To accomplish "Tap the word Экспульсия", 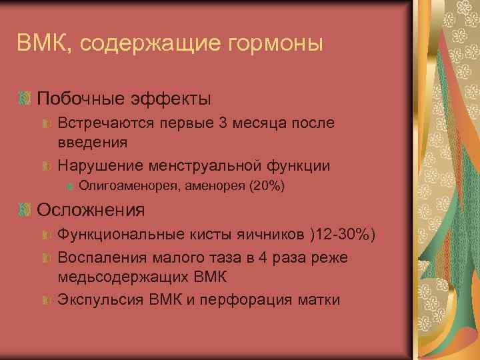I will tap(99, 299).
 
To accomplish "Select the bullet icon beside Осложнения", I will tap(26, 210).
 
